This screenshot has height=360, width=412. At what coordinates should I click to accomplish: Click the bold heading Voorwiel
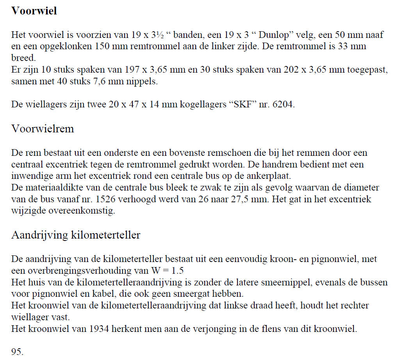click(34, 11)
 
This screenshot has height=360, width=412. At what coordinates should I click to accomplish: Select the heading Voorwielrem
click(43, 129)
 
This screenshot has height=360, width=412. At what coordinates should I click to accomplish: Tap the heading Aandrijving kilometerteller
click(76, 235)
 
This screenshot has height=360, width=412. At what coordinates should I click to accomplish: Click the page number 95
click(17, 352)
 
